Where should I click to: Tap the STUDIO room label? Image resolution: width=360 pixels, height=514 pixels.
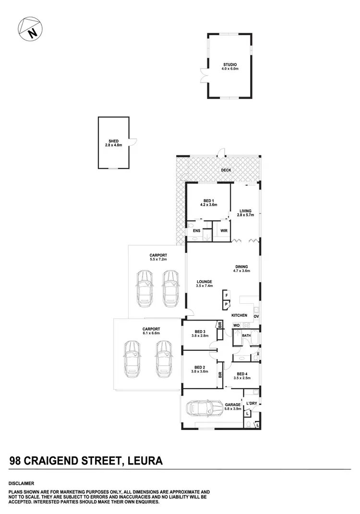(230, 64)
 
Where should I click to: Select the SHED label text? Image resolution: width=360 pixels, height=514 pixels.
(114, 141)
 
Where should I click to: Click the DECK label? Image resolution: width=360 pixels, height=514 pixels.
(226, 170)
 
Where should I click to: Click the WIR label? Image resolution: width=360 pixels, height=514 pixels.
(224, 231)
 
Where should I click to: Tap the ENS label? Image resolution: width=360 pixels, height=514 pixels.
(196, 231)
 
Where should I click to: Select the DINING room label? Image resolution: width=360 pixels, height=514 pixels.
(242, 267)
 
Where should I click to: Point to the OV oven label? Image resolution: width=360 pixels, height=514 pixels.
(256, 316)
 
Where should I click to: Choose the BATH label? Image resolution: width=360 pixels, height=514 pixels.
(246, 335)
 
